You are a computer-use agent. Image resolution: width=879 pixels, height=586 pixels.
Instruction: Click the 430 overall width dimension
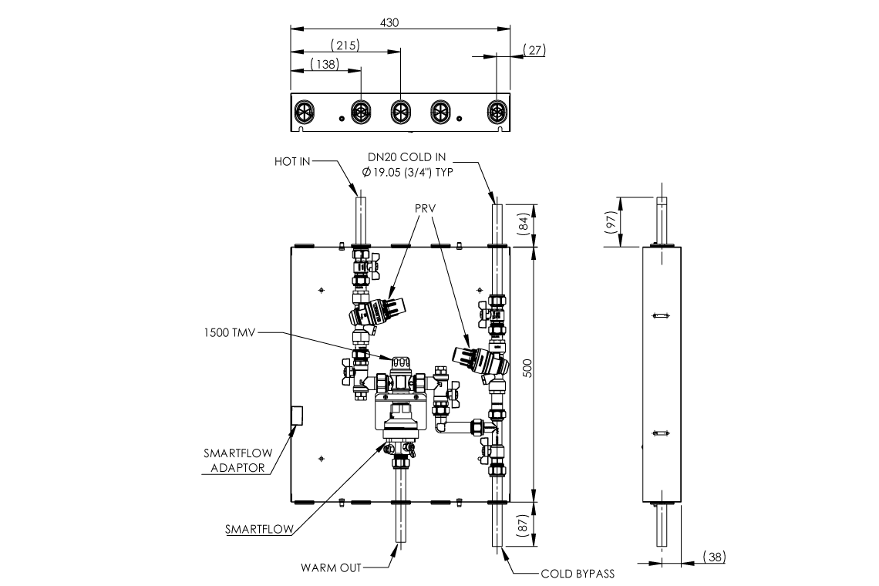coord(390,23)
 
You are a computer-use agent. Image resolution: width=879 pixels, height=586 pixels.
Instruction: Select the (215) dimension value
coord(345,45)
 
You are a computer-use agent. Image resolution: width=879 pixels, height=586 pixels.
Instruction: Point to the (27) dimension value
coord(534,50)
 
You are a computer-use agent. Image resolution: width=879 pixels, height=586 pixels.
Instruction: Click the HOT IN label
coord(293,162)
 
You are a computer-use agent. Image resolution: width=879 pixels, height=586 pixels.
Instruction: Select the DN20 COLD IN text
coord(406,157)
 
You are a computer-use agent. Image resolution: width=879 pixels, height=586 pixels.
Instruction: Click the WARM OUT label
coord(331,568)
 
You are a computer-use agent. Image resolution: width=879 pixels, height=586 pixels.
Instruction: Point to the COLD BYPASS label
coord(578,573)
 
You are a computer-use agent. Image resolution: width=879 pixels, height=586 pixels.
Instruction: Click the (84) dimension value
coord(544,225)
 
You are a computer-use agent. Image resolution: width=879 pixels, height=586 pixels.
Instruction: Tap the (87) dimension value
coord(544,524)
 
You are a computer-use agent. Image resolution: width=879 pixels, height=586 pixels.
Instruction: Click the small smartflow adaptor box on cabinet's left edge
coord(297,415)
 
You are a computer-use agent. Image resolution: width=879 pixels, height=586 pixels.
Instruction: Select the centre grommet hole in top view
coord(400,112)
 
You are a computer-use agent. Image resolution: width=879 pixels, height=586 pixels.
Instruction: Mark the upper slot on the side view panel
coord(660,315)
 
